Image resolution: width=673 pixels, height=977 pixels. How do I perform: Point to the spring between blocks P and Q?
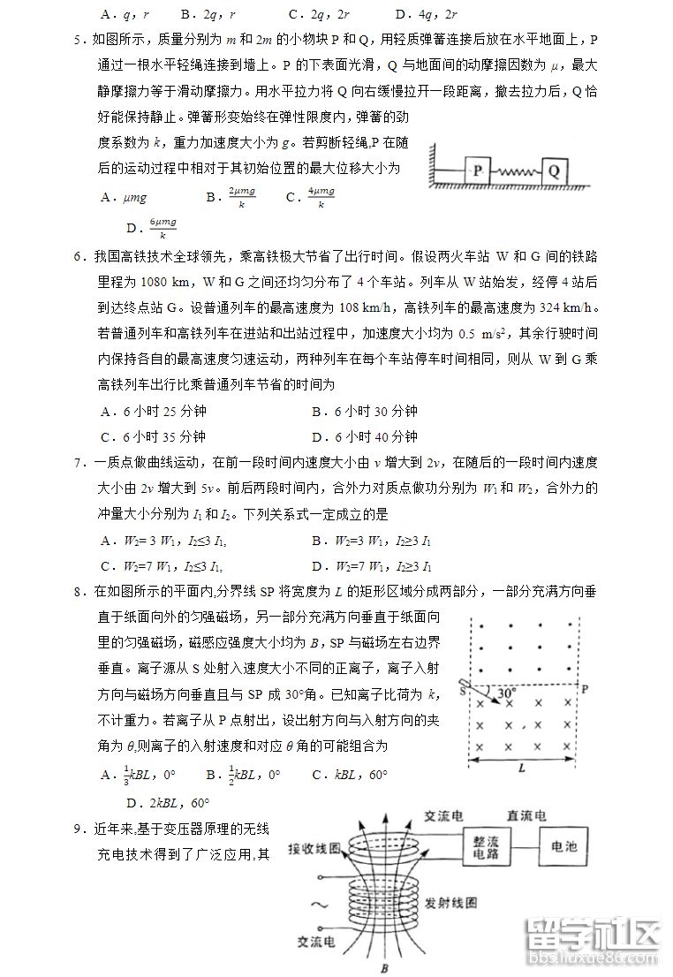coord(515,170)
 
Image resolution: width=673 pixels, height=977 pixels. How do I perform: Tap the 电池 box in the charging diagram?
coord(563,846)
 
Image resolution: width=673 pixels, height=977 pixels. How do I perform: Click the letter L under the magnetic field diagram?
coord(522,768)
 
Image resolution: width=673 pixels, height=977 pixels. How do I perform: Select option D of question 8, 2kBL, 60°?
coord(168,803)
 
